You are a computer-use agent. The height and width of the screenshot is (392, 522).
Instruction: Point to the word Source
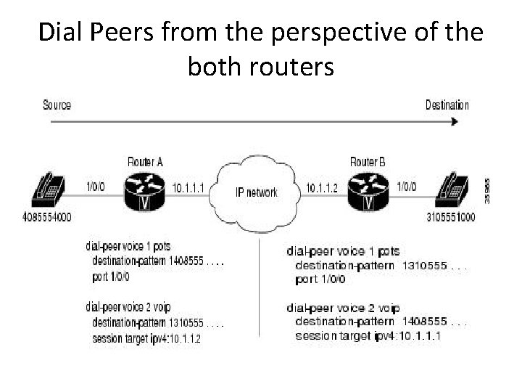click(x=57, y=105)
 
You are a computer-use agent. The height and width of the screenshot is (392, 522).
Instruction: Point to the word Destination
click(x=447, y=105)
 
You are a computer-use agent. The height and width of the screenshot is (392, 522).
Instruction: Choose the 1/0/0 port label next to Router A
click(x=96, y=187)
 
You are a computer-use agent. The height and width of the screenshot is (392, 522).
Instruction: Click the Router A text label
click(x=145, y=160)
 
